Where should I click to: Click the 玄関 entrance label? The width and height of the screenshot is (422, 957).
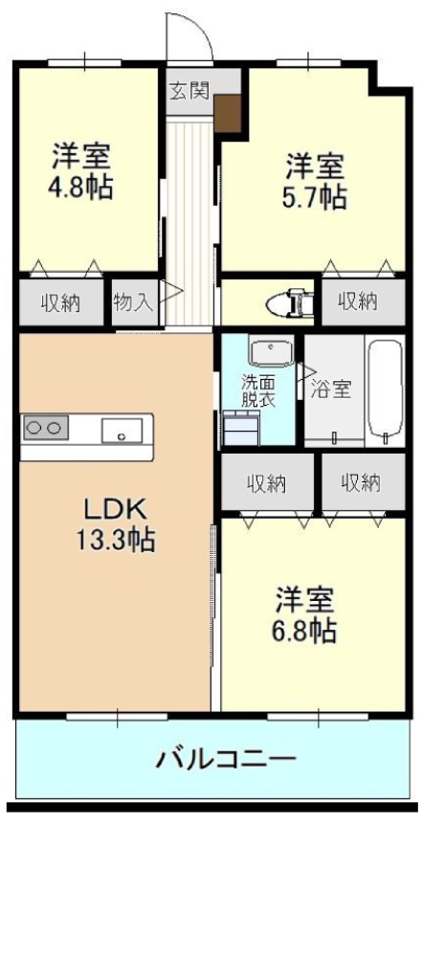pyautogui.click(x=189, y=90)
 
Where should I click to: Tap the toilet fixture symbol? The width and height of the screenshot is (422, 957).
pyautogui.click(x=291, y=302)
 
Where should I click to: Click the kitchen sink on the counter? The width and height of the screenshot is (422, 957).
pyautogui.click(x=122, y=431)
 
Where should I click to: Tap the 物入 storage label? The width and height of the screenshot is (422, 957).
pyautogui.click(x=133, y=302)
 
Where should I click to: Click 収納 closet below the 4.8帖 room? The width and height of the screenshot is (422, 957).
pyautogui.click(x=61, y=302)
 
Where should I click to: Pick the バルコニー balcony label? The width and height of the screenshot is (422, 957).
pyautogui.click(x=226, y=760)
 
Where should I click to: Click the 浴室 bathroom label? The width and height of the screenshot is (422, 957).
pyautogui.click(x=331, y=390)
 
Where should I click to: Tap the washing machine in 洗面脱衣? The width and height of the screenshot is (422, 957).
pyautogui.click(x=242, y=429)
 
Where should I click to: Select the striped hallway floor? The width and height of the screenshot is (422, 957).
pyautogui.click(x=189, y=223)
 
